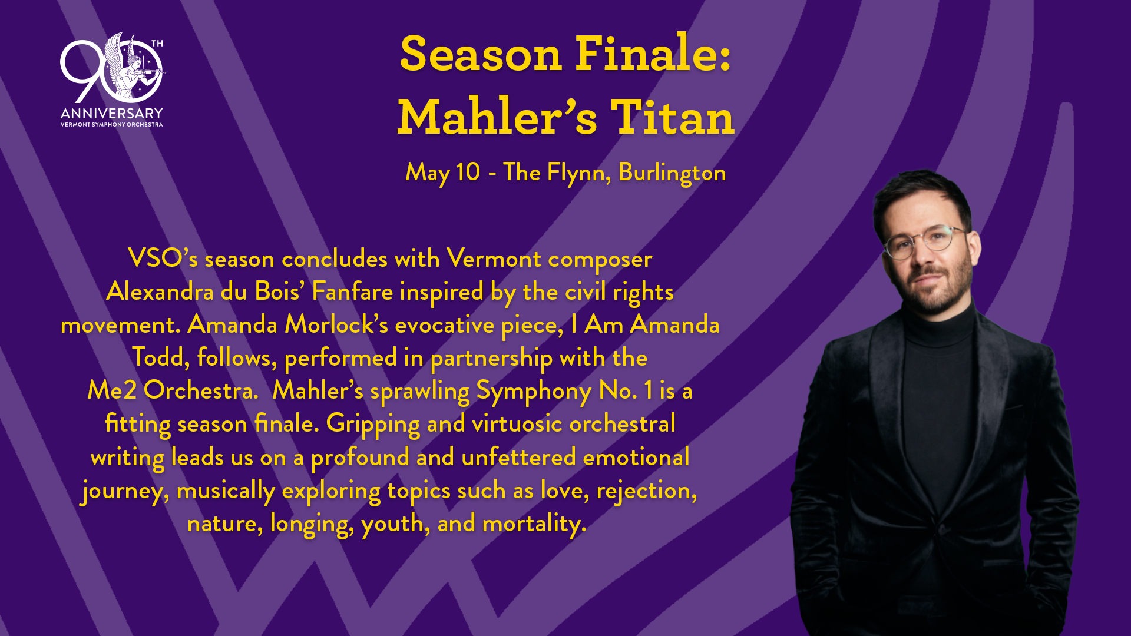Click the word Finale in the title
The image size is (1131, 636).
click(653, 54)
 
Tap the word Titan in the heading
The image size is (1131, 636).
click(673, 117)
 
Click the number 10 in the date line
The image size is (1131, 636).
click(468, 172)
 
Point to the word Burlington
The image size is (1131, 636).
click(672, 173)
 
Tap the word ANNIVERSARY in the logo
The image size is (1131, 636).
click(111, 113)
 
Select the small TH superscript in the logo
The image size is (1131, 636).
click(157, 44)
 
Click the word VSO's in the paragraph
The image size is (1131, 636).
click(163, 259)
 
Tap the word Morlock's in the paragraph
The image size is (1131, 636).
click(336, 324)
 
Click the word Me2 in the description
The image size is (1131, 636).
click(112, 390)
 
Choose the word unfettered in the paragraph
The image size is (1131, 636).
click(518, 457)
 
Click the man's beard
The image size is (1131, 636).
click(937, 289)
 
